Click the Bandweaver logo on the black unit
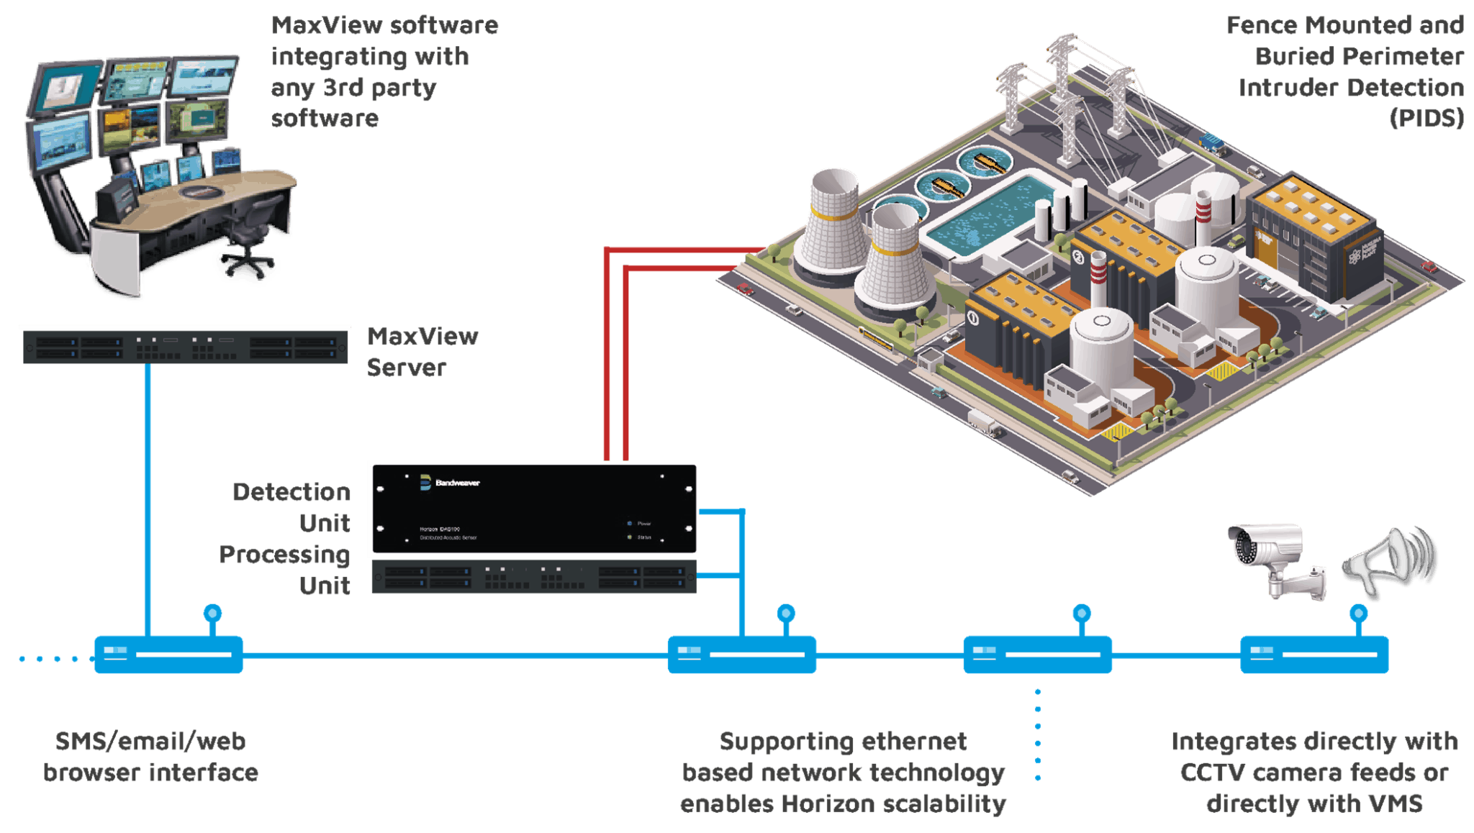point(449,483)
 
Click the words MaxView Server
point(422,351)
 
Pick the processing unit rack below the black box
point(533,578)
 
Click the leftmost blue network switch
point(168,655)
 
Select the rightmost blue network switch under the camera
point(1314,655)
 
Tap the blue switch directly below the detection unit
point(741,655)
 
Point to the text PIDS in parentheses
point(1426,118)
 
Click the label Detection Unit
point(302,507)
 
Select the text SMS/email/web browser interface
point(150,757)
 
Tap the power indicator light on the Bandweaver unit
point(630,524)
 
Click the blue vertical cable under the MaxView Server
point(147,496)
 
